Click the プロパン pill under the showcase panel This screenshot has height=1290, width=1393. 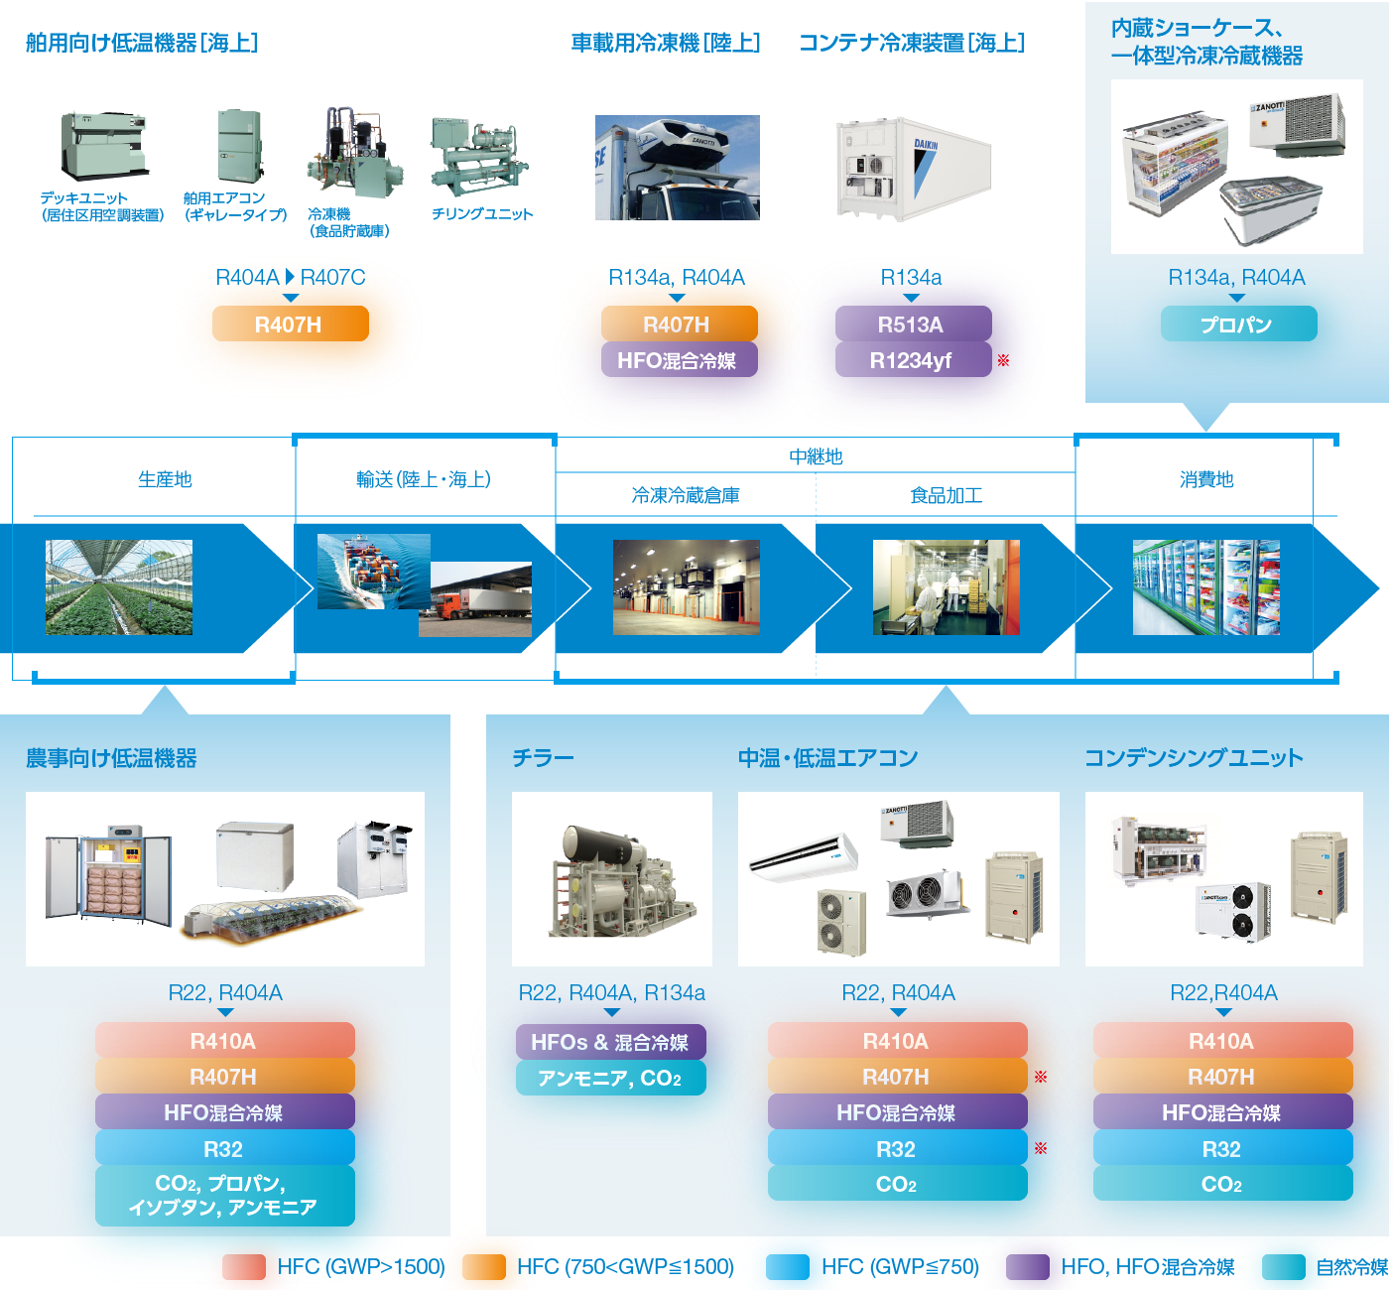coord(1238,324)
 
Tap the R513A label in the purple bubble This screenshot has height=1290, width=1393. coord(911,324)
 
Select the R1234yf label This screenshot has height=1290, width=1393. coord(911,361)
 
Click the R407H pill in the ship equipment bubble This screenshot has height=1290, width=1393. coord(289,324)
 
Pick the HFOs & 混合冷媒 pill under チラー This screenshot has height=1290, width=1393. coord(610,1042)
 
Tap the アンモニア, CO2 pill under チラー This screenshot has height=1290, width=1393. coord(610,1078)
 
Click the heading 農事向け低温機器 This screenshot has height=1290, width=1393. coord(111,758)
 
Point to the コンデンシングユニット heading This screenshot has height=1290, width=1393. coord(1194,758)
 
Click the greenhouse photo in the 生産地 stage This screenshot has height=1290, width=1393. coord(119,587)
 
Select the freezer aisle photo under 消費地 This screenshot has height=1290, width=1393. coord(1205,587)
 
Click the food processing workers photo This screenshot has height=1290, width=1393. coord(946,587)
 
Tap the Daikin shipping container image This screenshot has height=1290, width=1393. coord(914,169)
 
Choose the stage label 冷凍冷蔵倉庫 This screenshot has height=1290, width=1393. coord(686,495)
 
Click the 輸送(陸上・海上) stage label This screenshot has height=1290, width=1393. coord(424,479)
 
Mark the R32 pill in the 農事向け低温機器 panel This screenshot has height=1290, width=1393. coord(224,1149)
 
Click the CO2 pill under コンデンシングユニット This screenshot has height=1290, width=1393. coord(1222,1184)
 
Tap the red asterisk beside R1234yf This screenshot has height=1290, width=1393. coord(1003,360)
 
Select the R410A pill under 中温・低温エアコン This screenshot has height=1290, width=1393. coord(897,1041)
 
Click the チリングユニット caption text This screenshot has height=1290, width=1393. coord(482,213)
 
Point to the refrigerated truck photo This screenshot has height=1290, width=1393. coord(677,167)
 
